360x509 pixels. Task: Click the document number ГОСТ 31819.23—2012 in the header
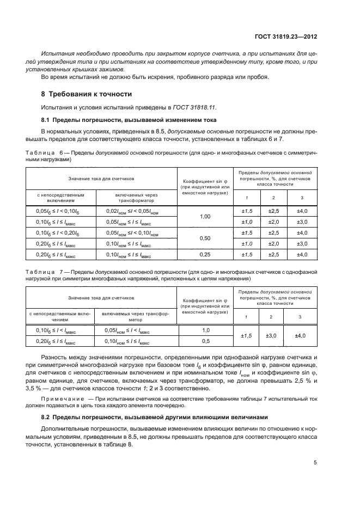[286, 37]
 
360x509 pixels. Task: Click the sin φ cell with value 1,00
[205, 217]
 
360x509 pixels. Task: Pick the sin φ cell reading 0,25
[205, 254]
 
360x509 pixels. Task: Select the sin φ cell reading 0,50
[205, 238]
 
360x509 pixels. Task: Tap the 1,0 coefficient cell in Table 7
[205, 330]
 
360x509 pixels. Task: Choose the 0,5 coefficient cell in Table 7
[205, 341]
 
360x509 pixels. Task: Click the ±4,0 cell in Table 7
[300, 336]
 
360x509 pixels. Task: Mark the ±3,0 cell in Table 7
[273, 336]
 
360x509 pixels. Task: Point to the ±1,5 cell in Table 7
[246, 336]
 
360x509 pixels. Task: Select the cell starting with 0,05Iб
[60, 211]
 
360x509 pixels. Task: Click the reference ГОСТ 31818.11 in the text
[185, 107]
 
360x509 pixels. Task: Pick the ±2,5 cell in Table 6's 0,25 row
[273, 254]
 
